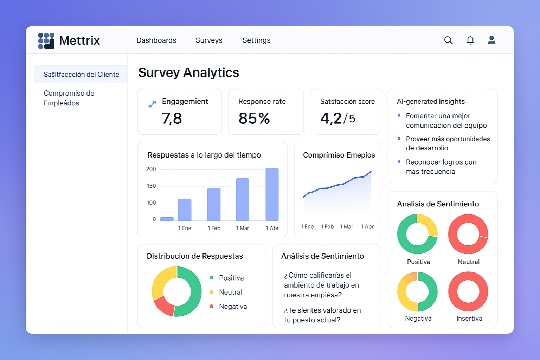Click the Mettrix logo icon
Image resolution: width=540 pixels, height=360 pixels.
tap(46, 40)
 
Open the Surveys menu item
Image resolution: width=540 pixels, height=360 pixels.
tap(209, 40)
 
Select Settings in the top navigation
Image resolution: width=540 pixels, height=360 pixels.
tap(256, 40)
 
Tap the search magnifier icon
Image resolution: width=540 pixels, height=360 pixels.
tap(448, 40)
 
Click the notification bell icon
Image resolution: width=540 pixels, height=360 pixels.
tap(470, 40)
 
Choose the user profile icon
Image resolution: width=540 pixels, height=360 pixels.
tap(491, 40)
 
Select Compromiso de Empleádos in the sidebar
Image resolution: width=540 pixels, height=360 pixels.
tap(69, 98)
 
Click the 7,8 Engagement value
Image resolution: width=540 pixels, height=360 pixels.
tap(172, 118)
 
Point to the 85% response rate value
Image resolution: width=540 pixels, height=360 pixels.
tap(254, 118)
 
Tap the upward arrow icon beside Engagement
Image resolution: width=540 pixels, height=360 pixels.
tap(152, 104)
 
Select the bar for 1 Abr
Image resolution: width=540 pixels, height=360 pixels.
tap(272, 194)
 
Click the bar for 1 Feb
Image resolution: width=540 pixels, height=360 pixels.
tap(214, 204)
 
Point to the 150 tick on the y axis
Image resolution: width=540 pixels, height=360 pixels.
tap(151, 186)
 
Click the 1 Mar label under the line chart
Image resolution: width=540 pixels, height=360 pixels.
tap(346, 226)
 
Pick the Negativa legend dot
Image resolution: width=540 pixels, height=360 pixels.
tap(212, 306)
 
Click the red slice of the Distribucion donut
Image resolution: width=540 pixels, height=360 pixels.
tap(163, 305)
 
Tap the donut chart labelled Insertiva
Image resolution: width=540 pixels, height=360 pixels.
tap(468, 291)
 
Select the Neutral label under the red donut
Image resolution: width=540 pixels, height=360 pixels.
tap(469, 262)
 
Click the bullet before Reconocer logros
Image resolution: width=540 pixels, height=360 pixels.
tap(399, 162)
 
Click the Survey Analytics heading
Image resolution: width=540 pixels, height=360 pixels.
tap(188, 73)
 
